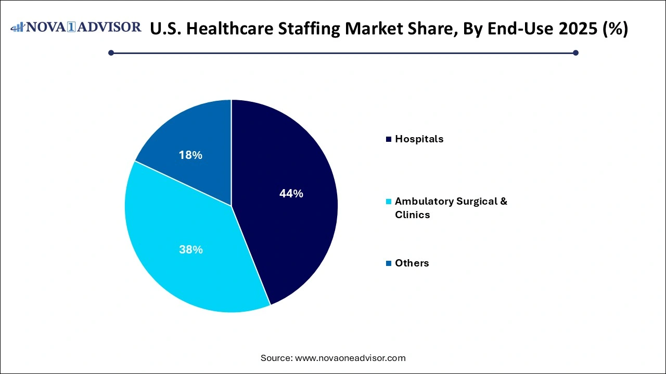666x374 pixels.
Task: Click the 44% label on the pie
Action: pyautogui.click(x=291, y=194)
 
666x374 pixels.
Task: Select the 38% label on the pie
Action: pyautogui.click(x=191, y=250)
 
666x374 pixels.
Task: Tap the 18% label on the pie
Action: pyautogui.click(x=191, y=155)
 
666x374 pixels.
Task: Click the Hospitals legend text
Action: pyautogui.click(x=419, y=139)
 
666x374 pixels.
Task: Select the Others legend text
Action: pyautogui.click(x=412, y=263)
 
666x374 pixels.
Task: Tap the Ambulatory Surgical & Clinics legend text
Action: pyautogui.click(x=451, y=208)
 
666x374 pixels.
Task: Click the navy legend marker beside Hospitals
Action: pyautogui.click(x=388, y=139)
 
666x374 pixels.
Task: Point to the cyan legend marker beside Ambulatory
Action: pyautogui.click(x=388, y=202)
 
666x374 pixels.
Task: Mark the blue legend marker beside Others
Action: pyautogui.click(x=388, y=263)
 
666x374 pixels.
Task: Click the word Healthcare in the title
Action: pyautogui.click(x=235, y=29)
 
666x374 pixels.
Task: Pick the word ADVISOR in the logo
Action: pyautogui.click(x=110, y=27)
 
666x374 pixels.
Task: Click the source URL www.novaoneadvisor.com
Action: pyautogui.click(x=350, y=358)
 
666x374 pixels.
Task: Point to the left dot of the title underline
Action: pyautogui.click(x=111, y=52)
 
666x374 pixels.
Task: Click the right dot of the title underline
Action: pyautogui.click(x=575, y=52)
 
